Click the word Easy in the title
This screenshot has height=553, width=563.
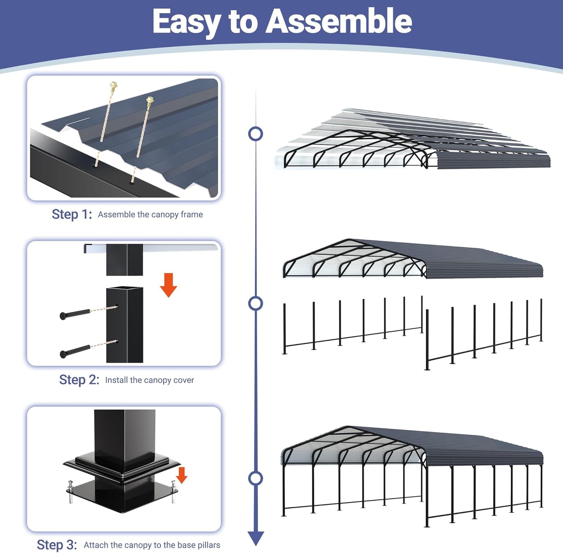point(186,23)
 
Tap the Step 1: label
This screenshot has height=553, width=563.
point(72,214)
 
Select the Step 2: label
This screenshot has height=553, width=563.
point(79,379)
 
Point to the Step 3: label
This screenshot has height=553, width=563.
point(57,544)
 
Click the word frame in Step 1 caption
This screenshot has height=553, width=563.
point(192,214)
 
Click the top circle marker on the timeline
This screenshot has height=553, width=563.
point(256,134)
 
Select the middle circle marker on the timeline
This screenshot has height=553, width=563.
point(256,303)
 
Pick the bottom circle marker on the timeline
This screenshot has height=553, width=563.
point(256,478)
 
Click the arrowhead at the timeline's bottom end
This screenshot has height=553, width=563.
point(256,538)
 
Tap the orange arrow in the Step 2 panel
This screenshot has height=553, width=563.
point(168,285)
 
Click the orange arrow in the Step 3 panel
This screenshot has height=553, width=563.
point(182,475)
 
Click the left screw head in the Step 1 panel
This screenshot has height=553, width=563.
point(113,85)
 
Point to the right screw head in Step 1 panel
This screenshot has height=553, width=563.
point(150,100)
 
